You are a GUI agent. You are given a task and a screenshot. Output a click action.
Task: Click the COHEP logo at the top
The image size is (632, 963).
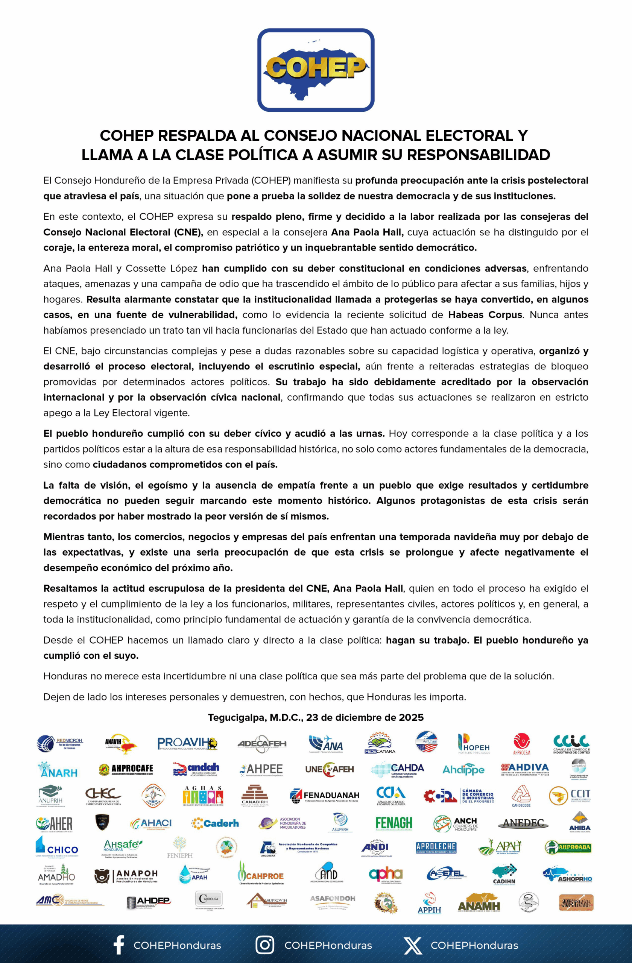pos(316,70)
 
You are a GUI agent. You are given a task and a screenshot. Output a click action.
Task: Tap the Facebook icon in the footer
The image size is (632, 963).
pos(118,945)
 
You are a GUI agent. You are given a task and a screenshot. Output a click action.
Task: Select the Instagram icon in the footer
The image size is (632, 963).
pos(264,945)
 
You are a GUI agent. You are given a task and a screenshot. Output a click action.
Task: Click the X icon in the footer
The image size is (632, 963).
pos(412,945)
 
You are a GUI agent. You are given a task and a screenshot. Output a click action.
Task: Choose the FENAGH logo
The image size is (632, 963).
pos(394,823)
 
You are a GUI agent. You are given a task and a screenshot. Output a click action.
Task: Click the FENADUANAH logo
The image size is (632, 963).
pos(325,796)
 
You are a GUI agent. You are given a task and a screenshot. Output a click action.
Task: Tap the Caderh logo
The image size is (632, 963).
pos(215,823)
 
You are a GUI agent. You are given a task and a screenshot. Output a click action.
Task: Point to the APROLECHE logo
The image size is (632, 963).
pos(436,847)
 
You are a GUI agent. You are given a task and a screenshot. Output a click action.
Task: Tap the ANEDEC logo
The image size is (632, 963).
pos(523,823)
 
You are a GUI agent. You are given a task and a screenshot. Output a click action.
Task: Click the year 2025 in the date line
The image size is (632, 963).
pos(411,717)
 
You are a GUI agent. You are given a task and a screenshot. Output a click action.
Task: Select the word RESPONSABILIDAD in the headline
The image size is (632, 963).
pos(478,155)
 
